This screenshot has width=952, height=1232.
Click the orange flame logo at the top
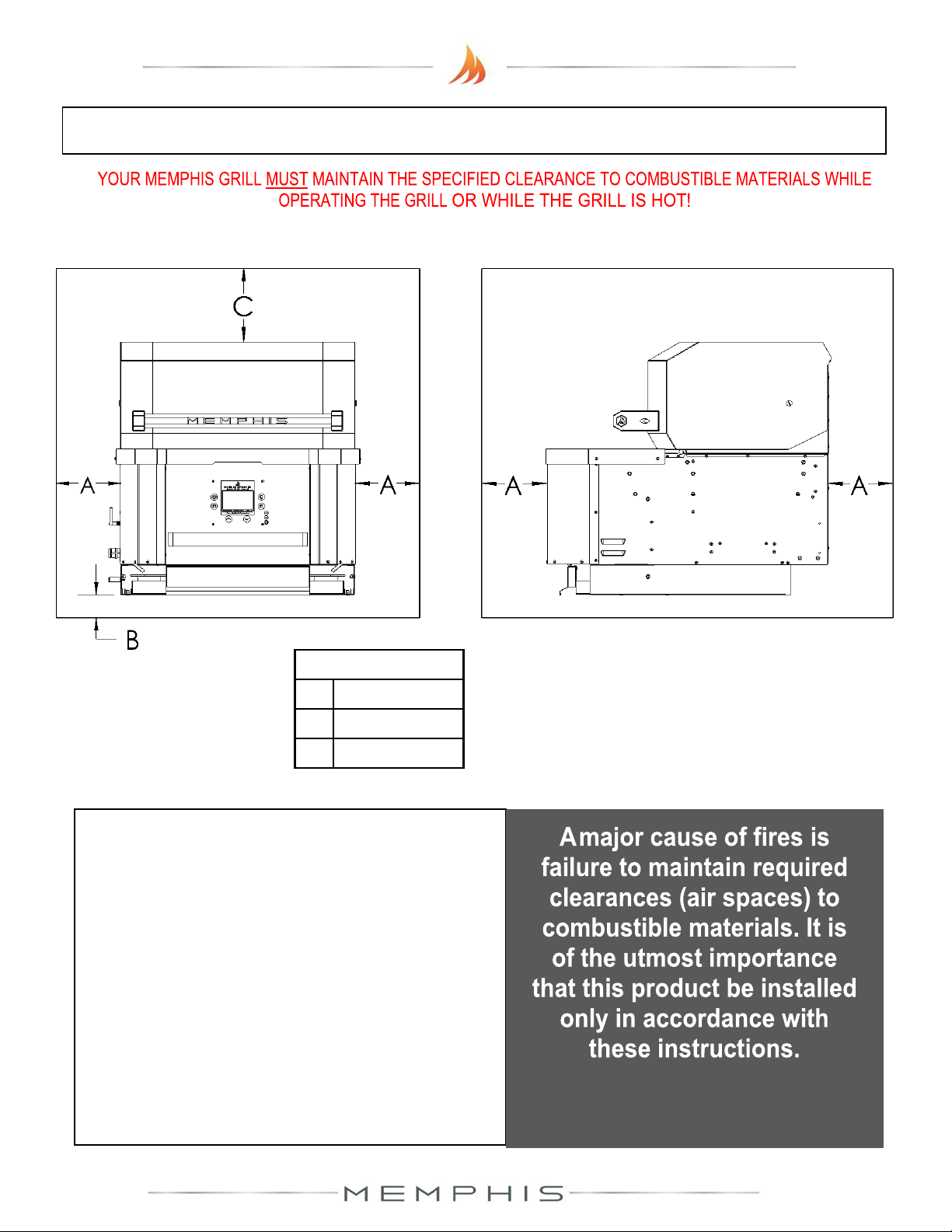pos(467,65)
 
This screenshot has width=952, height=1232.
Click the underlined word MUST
pos(287,180)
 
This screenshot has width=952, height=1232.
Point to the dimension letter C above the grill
pos(243,306)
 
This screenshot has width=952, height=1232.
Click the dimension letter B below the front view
pos(133,640)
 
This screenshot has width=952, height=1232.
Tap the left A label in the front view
pos(88,486)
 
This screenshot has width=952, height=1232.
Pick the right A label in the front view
pos(388,486)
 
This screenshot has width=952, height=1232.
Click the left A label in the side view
pos(513,487)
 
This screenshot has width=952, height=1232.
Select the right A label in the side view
pos(859,487)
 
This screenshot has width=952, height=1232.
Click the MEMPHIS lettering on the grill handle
pos(237,421)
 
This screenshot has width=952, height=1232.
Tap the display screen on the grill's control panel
pos(237,501)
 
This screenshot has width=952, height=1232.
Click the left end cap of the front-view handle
pos(138,421)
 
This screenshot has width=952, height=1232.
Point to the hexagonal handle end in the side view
pos(622,421)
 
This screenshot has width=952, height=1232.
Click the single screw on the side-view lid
pos(789,403)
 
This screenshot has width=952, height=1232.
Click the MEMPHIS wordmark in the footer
pos(454,1193)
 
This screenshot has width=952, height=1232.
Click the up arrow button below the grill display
pos(228,518)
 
